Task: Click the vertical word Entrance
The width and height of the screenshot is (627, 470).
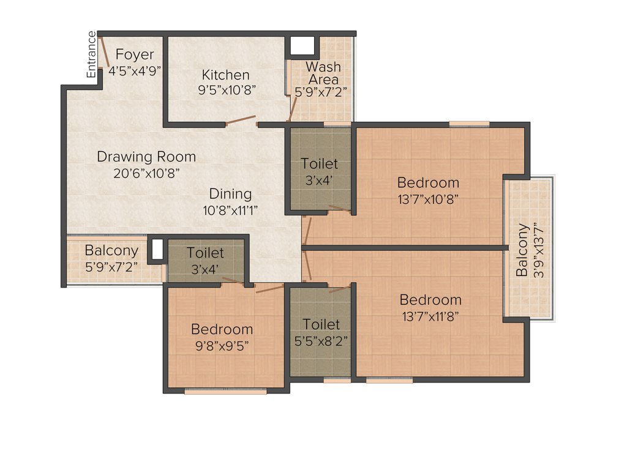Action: pos(92,55)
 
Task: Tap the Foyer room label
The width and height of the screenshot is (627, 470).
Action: pos(135,55)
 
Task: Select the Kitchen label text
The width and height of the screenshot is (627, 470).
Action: pos(226,75)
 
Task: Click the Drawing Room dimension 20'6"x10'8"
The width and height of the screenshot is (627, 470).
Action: pos(146,173)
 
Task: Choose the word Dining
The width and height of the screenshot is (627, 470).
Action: pos(230,194)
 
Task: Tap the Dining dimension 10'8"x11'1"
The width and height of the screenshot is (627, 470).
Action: pos(230,211)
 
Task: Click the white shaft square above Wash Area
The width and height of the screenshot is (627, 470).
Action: pos(302,46)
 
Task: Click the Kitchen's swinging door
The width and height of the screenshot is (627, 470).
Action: pos(241,120)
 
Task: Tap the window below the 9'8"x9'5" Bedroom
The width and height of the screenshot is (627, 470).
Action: pos(225,392)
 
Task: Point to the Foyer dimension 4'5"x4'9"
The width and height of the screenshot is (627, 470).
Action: pos(135,70)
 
